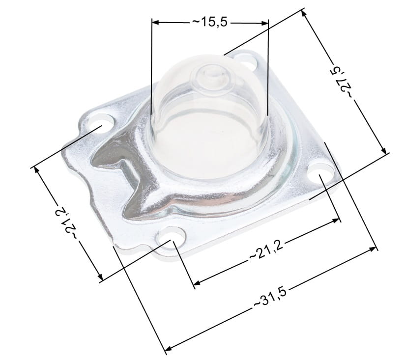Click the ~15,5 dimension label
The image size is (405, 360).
209,22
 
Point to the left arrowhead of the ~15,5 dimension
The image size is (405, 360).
155,23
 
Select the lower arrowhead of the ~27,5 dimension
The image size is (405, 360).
383,150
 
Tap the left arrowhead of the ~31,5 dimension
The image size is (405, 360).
169,348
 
